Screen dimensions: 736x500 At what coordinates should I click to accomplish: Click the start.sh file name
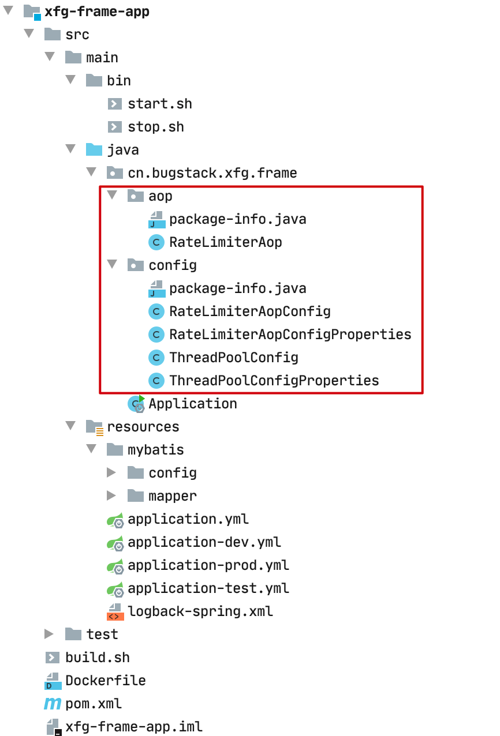point(160,104)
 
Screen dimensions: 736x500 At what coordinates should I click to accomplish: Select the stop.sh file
point(156,127)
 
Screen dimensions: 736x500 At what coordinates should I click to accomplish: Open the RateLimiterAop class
point(225,242)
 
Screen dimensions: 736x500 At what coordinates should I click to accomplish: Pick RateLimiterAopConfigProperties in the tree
point(290,335)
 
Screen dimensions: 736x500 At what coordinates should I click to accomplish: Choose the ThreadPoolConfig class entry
point(233,358)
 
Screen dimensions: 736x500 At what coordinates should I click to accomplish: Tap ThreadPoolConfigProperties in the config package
point(274,381)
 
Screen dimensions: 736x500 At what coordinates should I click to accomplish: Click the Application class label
point(192,404)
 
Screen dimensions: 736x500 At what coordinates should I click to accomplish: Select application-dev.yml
point(204,542)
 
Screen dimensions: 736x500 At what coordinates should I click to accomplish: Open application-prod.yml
point(208,565)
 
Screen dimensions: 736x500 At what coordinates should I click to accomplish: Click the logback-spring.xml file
point(200,611)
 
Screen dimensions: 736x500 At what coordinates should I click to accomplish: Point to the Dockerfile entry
point(105,681)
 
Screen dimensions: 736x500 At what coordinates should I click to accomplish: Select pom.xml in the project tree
point(94,704)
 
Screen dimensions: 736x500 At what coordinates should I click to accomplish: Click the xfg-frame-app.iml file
point(134,727)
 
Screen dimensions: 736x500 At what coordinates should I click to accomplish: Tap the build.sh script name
point(98,658)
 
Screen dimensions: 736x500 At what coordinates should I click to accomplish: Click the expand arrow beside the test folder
point(49,634)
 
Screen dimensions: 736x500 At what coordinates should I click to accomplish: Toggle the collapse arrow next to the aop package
point(112,196)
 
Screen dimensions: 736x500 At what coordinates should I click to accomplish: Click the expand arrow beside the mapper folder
point(111,496)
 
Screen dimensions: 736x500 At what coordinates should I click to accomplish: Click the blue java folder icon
point(94,150)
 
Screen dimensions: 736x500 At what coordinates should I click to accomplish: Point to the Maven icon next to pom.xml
point(53,704)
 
